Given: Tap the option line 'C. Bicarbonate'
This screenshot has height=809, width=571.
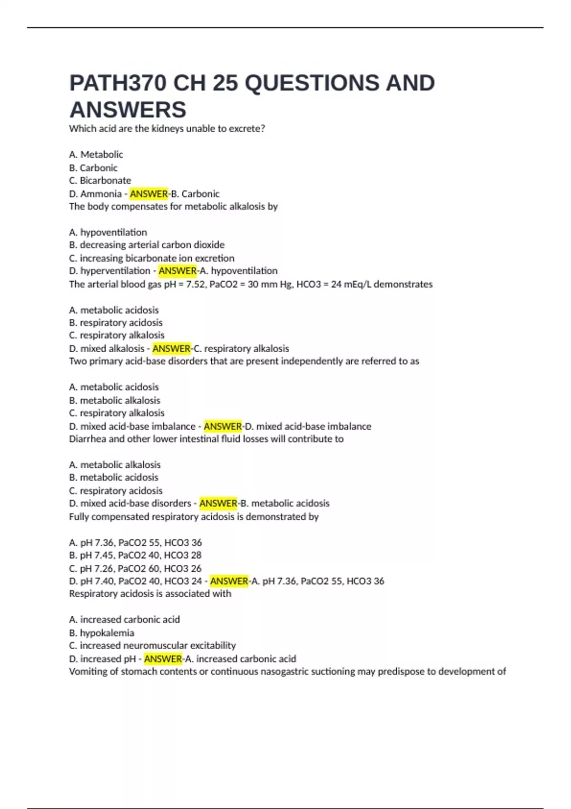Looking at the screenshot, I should coord(100,180).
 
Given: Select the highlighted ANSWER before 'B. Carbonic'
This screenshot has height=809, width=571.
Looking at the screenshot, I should coord(148,194).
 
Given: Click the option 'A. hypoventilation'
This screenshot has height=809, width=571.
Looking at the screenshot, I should coord(108,232).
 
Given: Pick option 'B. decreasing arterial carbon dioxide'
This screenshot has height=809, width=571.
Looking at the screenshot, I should coord(147,245).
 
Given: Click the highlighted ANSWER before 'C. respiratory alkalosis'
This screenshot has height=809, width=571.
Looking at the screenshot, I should coord(171,348).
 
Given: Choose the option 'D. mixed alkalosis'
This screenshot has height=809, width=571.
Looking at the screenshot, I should coord(107,348).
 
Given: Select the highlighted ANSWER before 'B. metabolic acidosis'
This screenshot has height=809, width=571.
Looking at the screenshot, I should coord(218,503).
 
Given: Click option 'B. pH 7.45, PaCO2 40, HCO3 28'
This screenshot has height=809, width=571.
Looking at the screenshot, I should coord(135,555).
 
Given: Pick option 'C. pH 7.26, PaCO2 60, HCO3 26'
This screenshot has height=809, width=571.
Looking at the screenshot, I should coord(135,568).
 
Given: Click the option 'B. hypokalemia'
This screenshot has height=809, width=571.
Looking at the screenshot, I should coord(101,633).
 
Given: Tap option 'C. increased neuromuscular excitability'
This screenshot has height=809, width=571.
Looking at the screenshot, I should coord(152,645).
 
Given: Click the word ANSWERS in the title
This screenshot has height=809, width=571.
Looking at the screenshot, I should coord(128,110).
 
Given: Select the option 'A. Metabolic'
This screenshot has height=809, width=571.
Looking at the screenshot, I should coord(96,154).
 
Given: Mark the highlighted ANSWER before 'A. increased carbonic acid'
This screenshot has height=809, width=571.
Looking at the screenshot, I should coord(163,659).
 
